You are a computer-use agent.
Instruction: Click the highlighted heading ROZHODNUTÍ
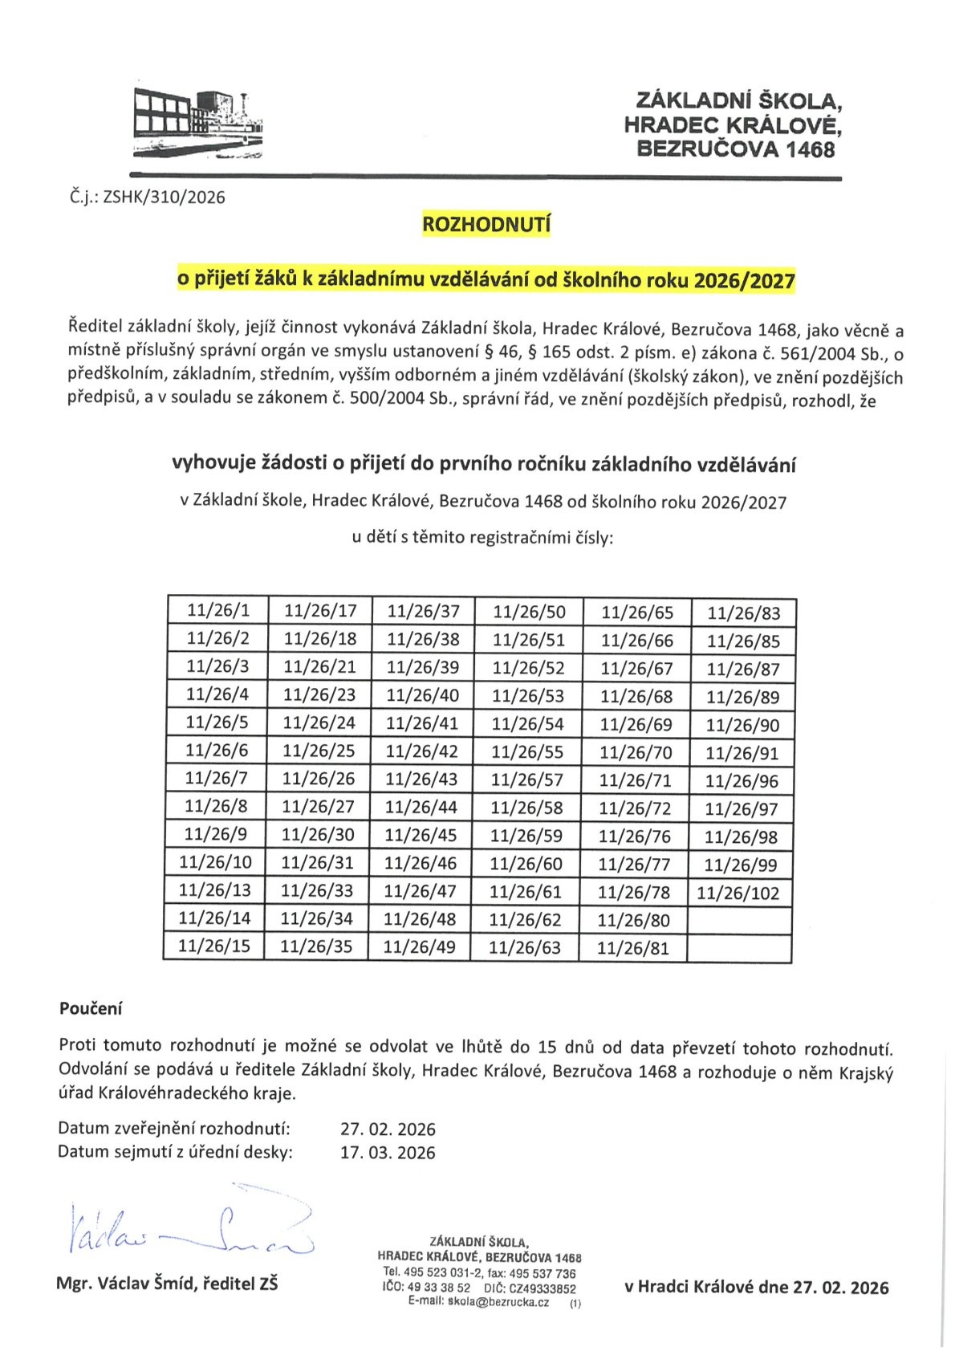coord(486,225)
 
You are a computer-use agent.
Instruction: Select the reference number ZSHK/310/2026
coord(164,197)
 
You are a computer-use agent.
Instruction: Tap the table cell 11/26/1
coord(218,610)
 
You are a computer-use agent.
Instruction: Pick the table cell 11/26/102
coord(738,893)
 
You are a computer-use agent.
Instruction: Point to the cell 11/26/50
coord(529,612)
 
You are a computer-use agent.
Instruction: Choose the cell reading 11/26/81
coord(633,948)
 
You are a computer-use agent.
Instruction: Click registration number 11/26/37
coord(424,612)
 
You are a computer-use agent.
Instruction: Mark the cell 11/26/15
coord(214,946)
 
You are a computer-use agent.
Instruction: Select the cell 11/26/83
coord(744,614)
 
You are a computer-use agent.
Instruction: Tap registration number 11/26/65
coord(637,613)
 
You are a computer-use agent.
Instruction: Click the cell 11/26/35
coord(316,946)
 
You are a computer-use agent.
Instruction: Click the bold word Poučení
coord(91,1008)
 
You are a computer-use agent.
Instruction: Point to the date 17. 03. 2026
coord(388,1153)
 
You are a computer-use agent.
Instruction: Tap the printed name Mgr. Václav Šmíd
coord(126,1284)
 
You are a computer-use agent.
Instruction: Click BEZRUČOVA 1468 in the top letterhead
coord(735,149)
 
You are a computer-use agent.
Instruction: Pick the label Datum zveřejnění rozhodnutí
coord(174,1129)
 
